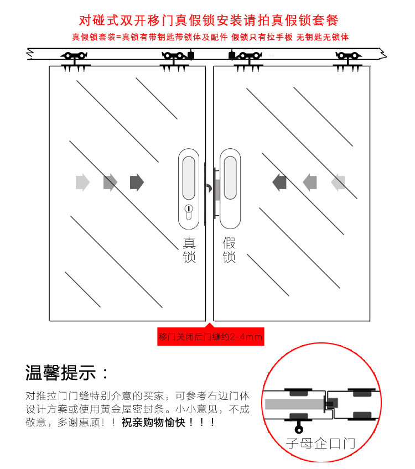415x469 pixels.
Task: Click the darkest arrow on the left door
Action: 137,182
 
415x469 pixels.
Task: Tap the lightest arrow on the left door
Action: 82,182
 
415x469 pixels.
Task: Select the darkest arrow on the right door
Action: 279,181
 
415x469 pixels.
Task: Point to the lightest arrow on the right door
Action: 338,181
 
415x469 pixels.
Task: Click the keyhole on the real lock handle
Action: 189,210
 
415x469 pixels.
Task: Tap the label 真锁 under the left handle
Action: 189,250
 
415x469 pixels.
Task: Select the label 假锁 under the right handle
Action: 229,250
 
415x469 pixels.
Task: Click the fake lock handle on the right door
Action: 230,188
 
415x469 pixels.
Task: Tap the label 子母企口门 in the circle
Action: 320,443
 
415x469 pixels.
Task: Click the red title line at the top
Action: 208,21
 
